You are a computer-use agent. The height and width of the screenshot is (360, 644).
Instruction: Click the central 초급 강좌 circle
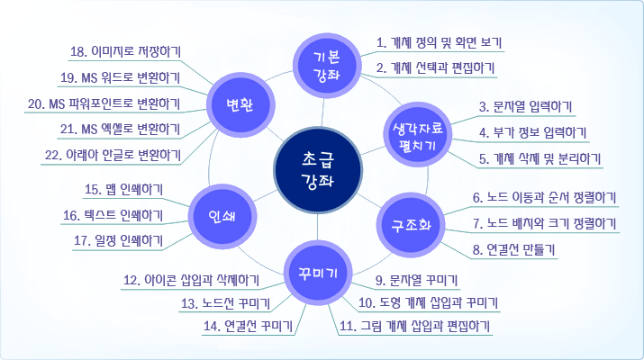[x=318, y=170]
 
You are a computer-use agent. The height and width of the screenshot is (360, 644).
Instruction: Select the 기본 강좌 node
[x=327, y=66]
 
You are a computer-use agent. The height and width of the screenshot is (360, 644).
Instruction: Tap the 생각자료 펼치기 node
[x=417, y=135]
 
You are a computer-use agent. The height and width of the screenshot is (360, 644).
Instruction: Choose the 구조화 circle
[x=411, y=225]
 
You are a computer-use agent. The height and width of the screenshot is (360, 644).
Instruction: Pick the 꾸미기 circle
[x=318, y=273]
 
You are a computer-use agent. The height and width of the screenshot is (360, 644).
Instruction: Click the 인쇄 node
[x=222, y=216]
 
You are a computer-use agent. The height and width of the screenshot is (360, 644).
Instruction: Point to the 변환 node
[x=240, y=105]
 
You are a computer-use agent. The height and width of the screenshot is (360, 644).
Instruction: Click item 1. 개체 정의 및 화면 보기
[x=439, y=42]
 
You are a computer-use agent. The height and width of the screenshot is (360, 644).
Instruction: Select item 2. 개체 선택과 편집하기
[x=435, y=68]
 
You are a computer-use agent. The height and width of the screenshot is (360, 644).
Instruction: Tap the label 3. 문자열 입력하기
[x=525, y=107]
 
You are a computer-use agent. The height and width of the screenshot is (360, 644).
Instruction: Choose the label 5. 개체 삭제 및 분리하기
[x=540, y=159]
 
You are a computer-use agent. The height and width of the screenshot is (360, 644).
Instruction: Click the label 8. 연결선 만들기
[x=513, y=250]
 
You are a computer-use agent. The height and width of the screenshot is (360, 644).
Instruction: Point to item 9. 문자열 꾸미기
[x=416, y=281]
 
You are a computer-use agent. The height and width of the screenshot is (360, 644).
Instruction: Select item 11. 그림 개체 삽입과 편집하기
[x=415, y=327]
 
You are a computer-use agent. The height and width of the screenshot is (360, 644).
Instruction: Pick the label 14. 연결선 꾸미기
[x=248, y=327]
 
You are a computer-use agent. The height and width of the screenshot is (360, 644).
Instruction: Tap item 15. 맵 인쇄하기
[x=123, y=190]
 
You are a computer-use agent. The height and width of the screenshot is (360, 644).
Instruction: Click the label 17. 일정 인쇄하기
[x=118, y=241]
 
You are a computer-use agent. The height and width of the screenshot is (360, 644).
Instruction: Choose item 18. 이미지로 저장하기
[x=125, y=52]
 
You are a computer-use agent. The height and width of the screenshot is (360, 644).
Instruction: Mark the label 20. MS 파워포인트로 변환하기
[x=104, y=103]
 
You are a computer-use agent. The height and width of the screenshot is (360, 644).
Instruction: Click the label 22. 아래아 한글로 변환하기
[x=113, y=156]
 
